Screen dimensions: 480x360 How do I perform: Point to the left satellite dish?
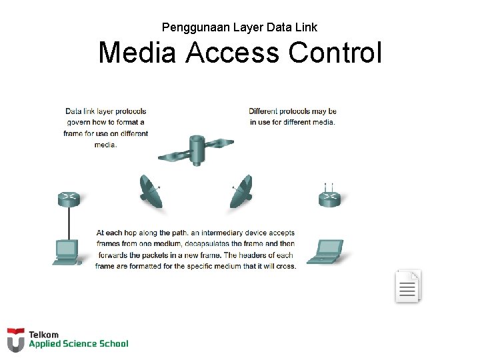point(150,192)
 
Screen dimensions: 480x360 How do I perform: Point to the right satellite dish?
point(241,192)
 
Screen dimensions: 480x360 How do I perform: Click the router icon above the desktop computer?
point(69,198)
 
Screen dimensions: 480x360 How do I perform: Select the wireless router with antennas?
point(329,198)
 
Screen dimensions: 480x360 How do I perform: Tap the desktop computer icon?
point(66,251)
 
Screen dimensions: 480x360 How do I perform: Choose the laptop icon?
point(326,251)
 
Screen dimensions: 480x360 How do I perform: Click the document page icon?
point(407,287)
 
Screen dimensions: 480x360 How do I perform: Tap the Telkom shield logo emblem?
point(16,339)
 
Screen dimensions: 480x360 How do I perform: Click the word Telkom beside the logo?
point(44,335)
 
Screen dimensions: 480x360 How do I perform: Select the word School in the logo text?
point(113,344)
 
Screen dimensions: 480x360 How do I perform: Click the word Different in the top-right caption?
point(263,111)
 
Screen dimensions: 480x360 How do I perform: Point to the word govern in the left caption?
point(78,123)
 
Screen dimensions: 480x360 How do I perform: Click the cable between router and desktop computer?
point(69,222)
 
